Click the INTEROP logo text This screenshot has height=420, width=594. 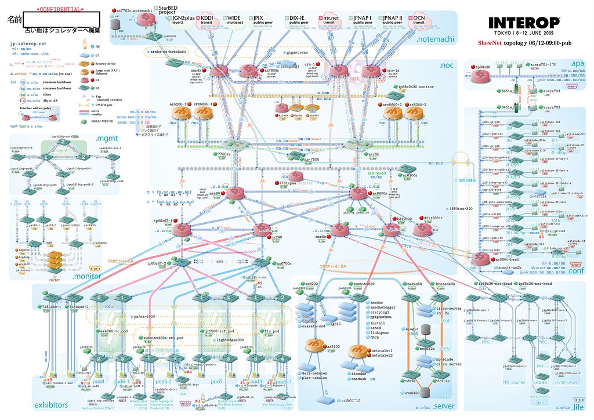pos(524,23)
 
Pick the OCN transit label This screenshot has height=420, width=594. pos(418,21)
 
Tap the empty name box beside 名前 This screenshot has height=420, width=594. pos(62,19)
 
